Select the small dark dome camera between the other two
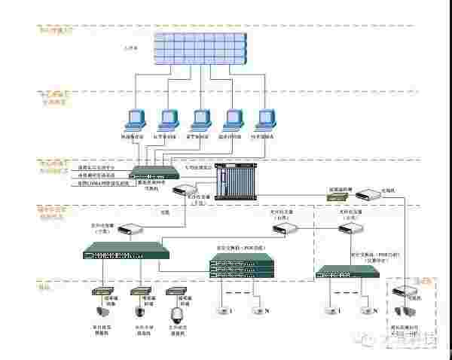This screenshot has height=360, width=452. pyautogui.click(x=139, y=311)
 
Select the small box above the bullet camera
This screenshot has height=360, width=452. pyautogui.click(x=100, y=290)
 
